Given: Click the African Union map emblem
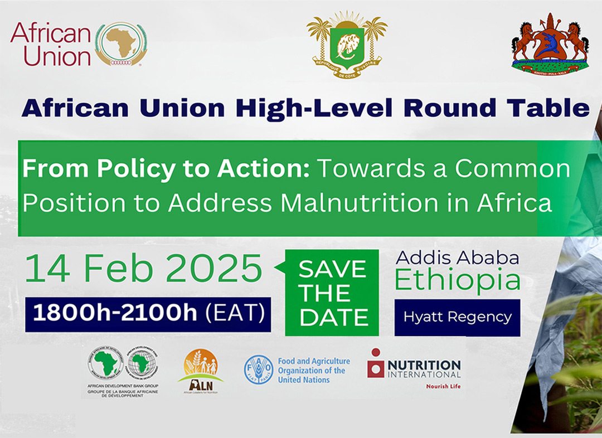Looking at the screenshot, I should [x=121, y=45].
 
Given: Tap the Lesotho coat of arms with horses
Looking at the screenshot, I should [x=550, y=43].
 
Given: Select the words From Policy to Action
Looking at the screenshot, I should [x=166, y=169].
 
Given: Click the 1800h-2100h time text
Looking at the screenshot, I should [x=115, y=314].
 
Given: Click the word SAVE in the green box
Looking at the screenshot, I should [x=332, y=270].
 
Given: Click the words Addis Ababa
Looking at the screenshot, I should [x=457, y=257].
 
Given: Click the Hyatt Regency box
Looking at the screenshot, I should [x=457, y=318].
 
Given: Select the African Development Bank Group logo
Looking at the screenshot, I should [x=123, y=371].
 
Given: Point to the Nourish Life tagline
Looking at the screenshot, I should [x=443, y=386].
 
